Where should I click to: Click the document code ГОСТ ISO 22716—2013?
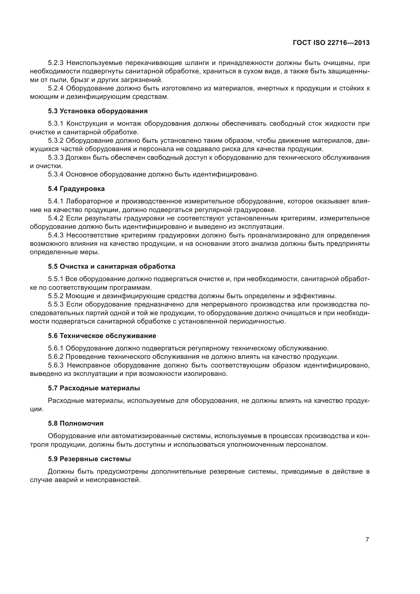coord(331,43)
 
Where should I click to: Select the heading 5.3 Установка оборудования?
coord(98,111)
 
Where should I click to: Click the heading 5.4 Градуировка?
coord(76,189)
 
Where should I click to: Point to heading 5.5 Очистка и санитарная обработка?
coord(111,266)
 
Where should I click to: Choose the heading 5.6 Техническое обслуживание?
coord(102,336)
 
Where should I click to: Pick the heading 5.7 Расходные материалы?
coord(94,388)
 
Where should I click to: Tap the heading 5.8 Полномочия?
coord(75,424)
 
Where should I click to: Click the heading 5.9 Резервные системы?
coord(89,459)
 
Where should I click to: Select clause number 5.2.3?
coord(56,63)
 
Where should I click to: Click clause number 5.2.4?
coord(56,88)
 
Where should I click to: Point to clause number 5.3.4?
coord(56,174)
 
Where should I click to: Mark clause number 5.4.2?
coord(56,218)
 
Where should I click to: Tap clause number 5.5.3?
coord(56,304)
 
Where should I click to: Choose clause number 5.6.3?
coord(56,365)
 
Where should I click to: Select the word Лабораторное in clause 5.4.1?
coord(89,201)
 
